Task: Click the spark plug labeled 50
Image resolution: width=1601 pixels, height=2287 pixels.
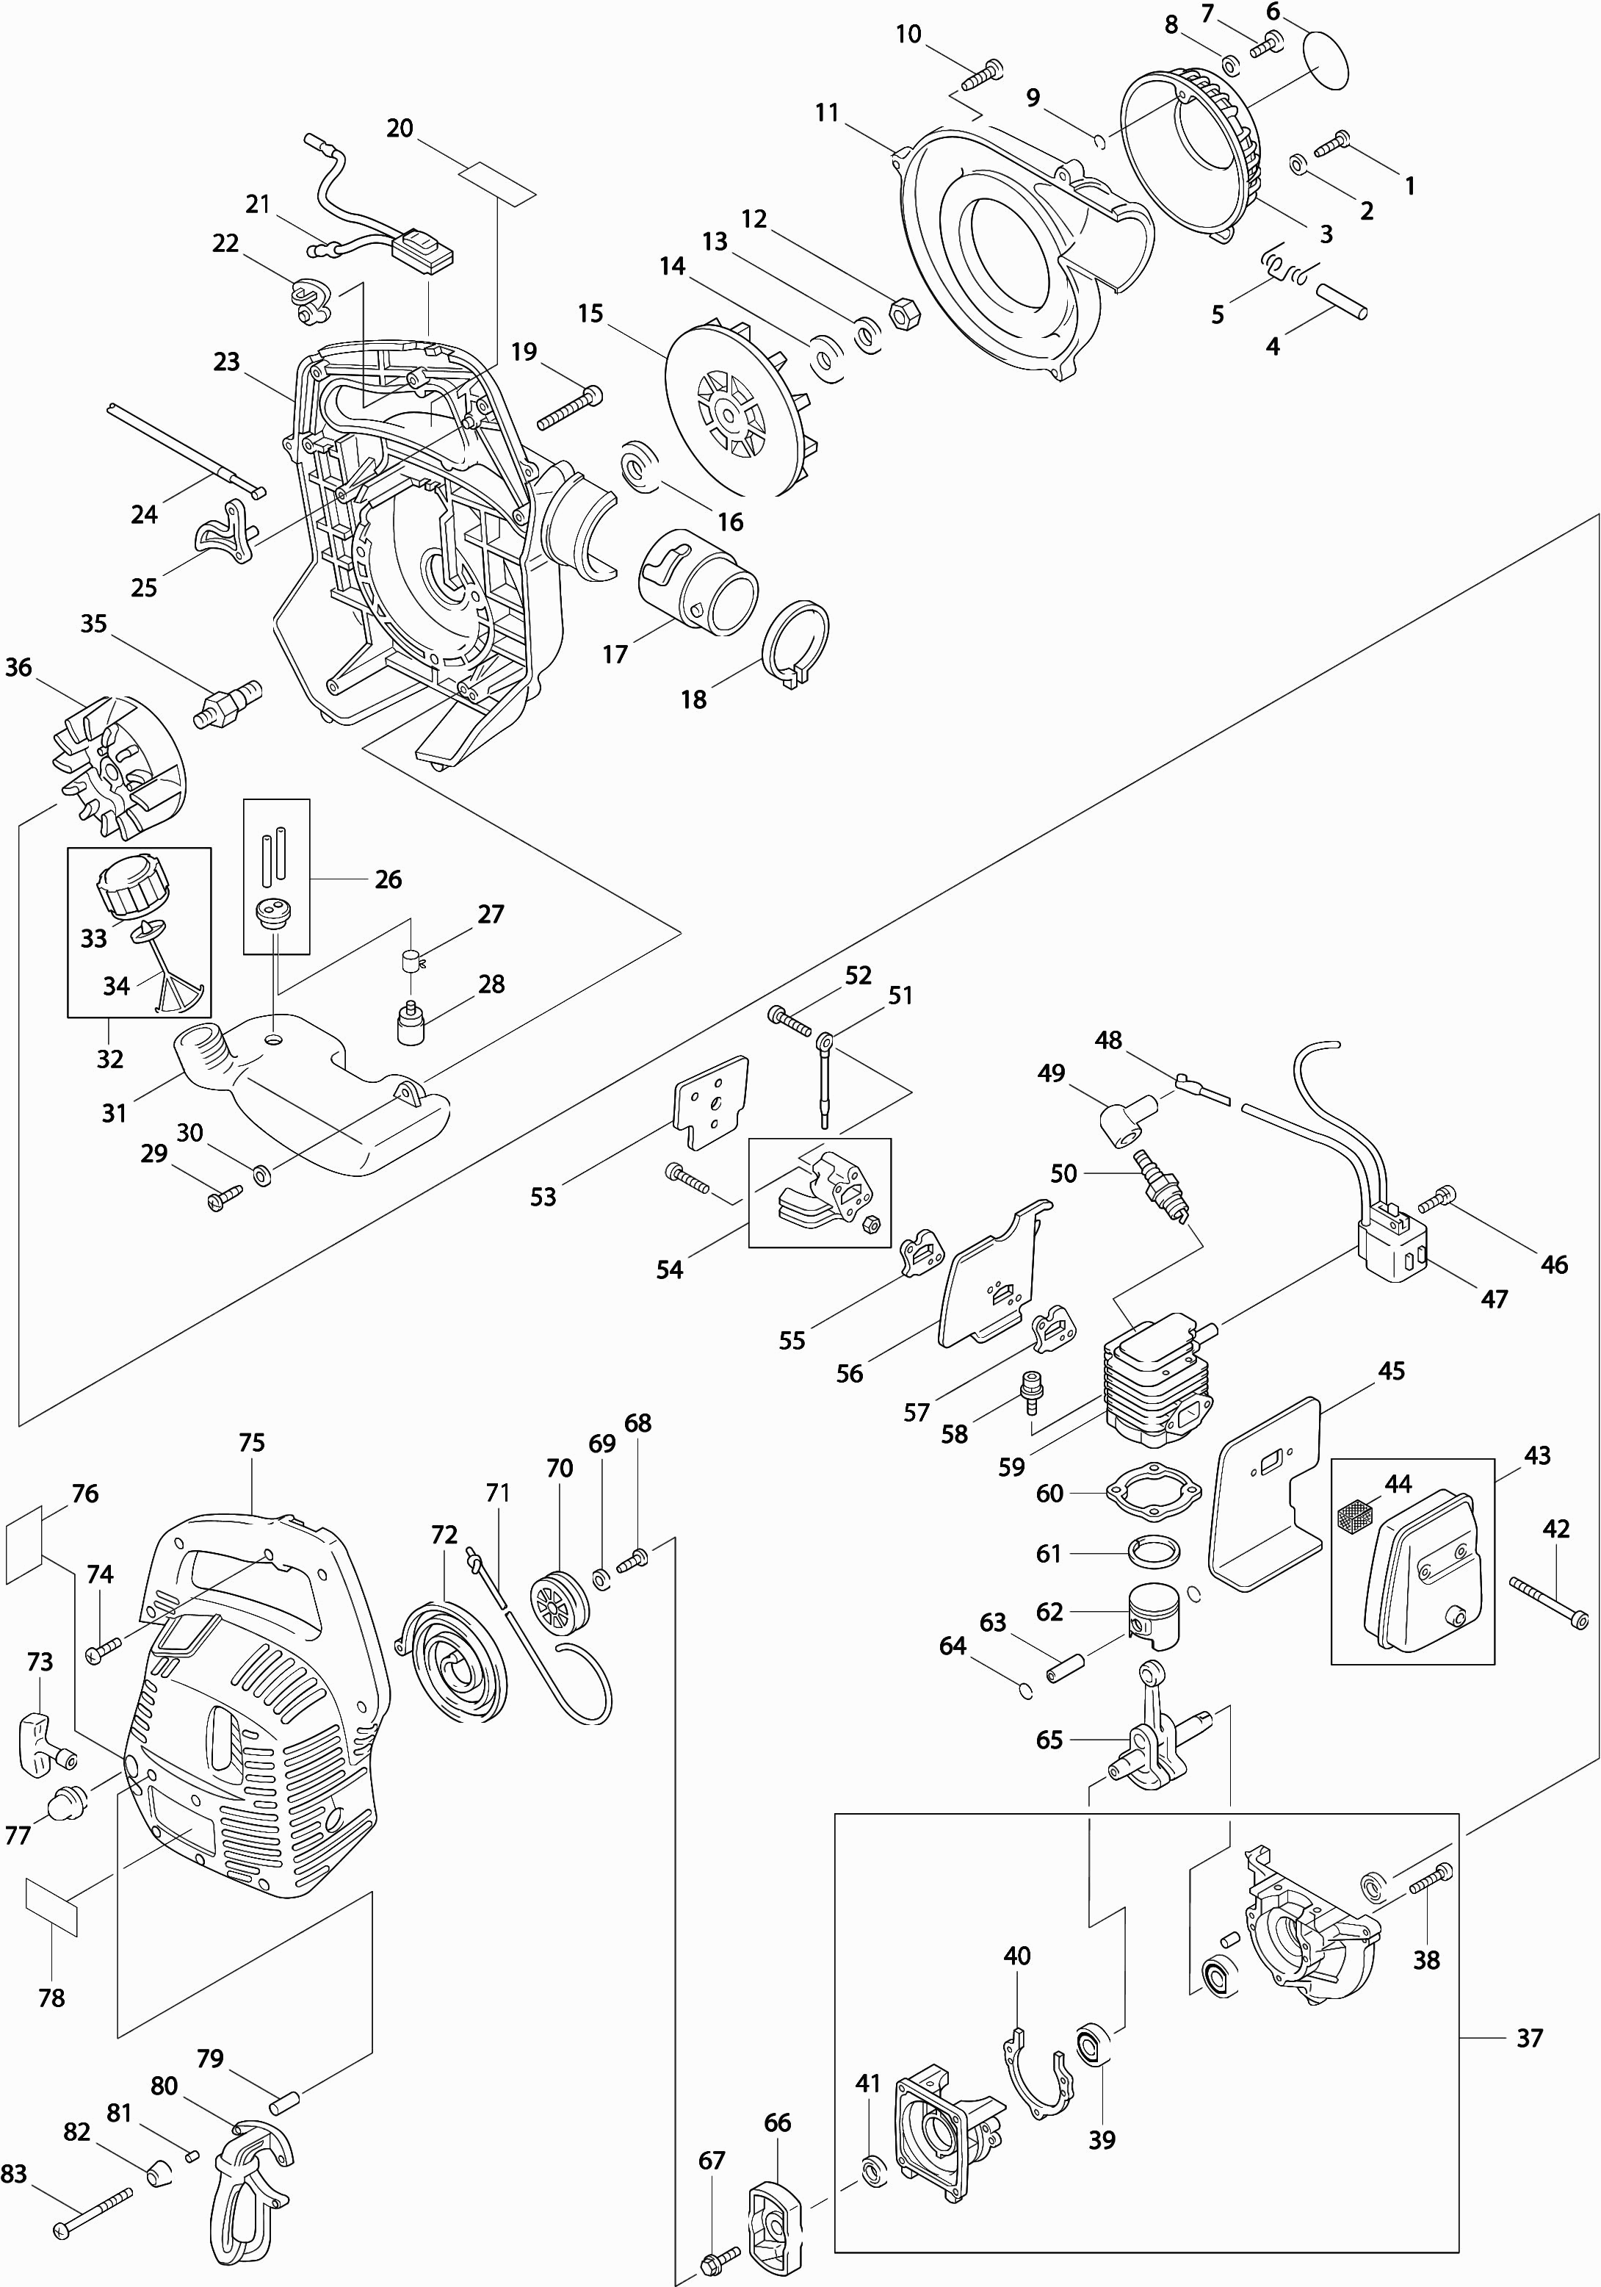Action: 1163,1184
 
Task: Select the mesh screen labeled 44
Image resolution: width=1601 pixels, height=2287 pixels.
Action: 1353,1518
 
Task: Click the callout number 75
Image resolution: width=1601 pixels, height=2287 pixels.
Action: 252,1442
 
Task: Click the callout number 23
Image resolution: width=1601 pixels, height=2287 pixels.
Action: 226,361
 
